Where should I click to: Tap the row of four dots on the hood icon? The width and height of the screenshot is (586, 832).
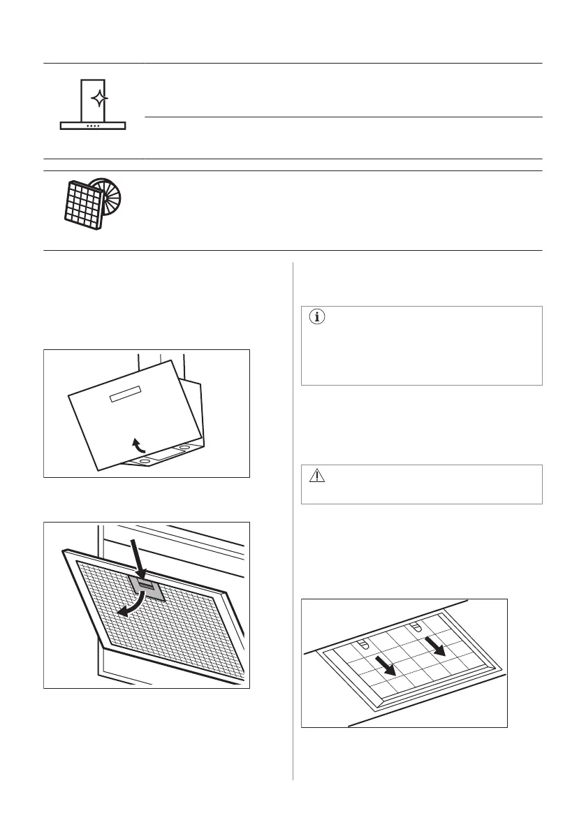[93, 126]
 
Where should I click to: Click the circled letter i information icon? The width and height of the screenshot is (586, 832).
[318, 318]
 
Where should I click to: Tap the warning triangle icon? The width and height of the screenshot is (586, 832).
[317, 476]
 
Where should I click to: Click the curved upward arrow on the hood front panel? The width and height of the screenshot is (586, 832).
[140, 444]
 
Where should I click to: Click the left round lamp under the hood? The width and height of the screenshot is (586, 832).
[144, 461]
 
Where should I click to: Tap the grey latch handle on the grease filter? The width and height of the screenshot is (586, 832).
[147, 587]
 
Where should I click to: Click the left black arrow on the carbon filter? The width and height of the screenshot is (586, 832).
[385, 664]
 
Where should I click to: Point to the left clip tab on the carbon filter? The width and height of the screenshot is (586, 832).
[362, 641]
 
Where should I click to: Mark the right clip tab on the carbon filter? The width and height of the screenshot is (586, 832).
[415, 626]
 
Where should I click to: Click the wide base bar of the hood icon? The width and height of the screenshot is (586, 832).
[93, 126]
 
